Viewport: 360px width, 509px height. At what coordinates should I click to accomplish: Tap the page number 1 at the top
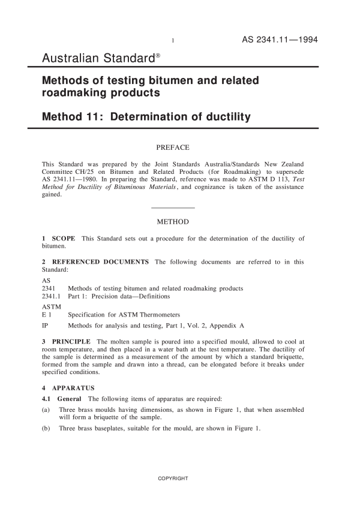tap(173, 41)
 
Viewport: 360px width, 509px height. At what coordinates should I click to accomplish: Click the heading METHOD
tap(173, 222)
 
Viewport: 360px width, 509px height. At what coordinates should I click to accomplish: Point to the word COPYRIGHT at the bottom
tap(173, 478)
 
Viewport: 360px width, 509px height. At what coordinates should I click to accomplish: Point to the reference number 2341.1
tap(51, 296)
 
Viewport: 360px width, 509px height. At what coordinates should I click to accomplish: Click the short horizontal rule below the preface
tap(173, 207)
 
